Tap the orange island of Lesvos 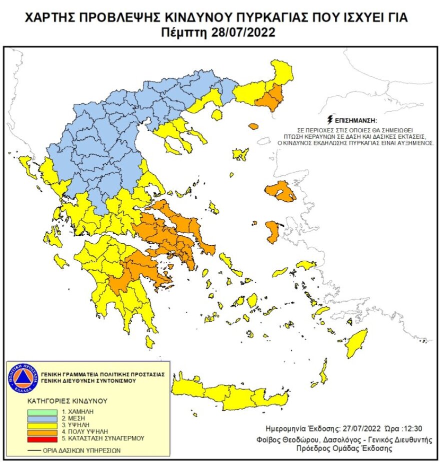tap(280, 192)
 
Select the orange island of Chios tap(272, 232)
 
